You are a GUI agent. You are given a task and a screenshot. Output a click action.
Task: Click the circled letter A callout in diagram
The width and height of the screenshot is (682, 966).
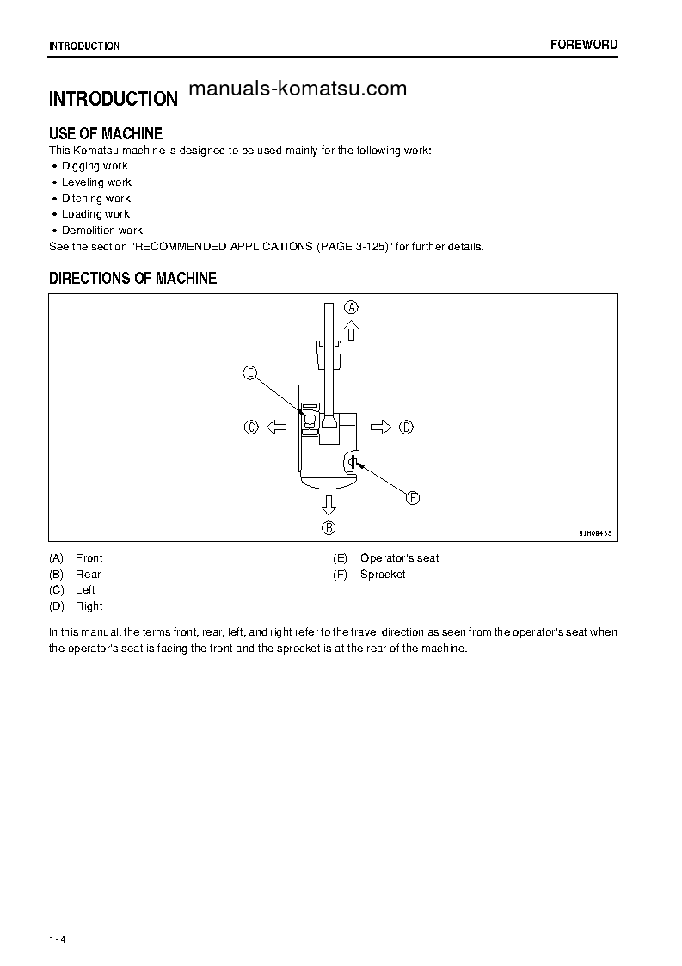tap(352, 307)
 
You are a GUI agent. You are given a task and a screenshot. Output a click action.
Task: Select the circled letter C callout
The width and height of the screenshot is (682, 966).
tap(251, 427)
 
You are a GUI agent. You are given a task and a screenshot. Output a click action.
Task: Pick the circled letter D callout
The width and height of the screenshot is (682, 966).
tap(406, 427)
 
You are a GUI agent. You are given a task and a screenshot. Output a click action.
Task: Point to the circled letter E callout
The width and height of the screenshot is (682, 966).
tap(249, 372)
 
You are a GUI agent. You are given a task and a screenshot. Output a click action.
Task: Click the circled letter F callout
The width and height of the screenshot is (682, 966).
tap(412, 498)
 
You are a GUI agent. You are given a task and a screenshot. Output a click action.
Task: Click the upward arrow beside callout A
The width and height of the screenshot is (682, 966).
tap(351, 329)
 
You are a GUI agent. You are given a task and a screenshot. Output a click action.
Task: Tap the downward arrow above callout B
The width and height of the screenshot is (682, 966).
tap(329, 504)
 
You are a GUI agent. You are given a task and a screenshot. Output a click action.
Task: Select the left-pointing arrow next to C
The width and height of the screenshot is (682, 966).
tap(275, 427)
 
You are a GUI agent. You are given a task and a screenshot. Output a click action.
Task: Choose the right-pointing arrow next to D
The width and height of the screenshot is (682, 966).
tap(381, 427)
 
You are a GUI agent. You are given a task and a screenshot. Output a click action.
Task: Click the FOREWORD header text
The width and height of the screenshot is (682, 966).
tap(584, 45)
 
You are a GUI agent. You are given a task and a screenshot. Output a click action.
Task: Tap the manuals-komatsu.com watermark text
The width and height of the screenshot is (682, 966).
tap(297, 89)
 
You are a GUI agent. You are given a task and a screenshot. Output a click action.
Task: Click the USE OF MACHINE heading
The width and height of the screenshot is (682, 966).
tap(106, 133)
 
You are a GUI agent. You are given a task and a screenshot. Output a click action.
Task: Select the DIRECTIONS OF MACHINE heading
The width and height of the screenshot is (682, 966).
tap(132, 278)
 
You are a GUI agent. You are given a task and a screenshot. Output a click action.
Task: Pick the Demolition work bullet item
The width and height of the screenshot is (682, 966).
tap(101, 231)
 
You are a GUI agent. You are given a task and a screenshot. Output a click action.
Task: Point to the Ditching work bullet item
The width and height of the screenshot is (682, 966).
tap(95, 199)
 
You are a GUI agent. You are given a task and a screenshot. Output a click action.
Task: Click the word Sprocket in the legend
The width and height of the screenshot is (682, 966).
tap(383, 575)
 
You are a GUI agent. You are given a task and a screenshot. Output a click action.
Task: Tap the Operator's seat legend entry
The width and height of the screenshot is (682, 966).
tap(399, 558)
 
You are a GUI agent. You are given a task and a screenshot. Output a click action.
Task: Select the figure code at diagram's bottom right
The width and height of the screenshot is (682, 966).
tap(594, 533)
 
